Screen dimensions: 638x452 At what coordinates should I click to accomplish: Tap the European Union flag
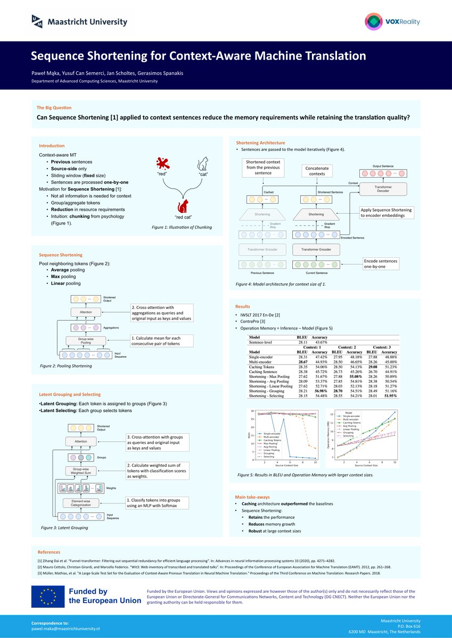pos(47,597)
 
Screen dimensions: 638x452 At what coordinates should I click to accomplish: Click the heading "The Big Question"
pos(54,107)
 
